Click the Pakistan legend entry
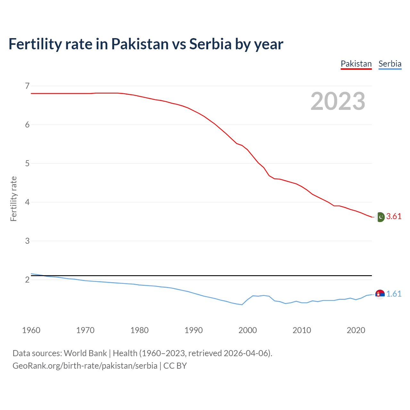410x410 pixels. tap(356, 64)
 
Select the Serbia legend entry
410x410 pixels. tap(390, 64)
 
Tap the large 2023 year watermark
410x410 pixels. tap(338, 101)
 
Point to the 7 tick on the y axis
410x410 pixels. tap(27, 86)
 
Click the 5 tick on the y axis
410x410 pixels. tap(27, 163)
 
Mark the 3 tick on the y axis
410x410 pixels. tap(27, 241)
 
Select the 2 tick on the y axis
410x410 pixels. tap(27, 280)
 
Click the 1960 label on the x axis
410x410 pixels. tap(31, 330)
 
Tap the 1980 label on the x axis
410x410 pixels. tap(139, 330)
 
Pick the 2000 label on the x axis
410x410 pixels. tap(248, 330)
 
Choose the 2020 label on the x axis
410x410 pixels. tap(356, 330)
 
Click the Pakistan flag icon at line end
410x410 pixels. tap(380, 217)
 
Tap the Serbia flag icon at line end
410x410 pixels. tap(380, 294)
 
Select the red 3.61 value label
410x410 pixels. tap(394, 217)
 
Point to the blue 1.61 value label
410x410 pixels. tap(394, 294)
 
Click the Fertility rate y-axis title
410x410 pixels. tap(13, 199)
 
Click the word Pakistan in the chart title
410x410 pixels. tap(140, 44)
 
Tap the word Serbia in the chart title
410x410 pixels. tap(210, 44)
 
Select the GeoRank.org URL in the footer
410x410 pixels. tap(85, 366)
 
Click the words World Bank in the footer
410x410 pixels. tap(85, 353)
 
